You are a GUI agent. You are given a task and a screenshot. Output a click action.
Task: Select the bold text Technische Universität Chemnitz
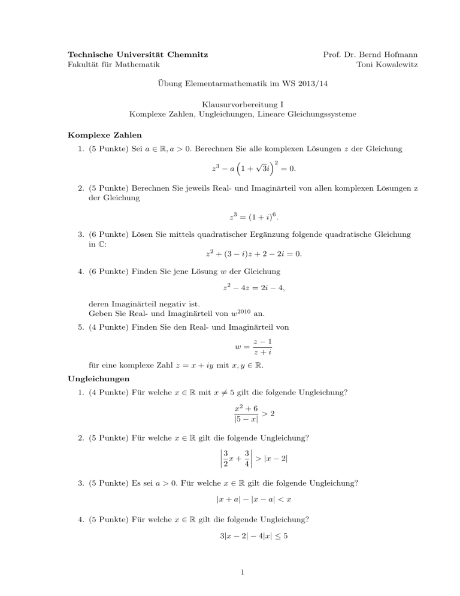tap(138, 55)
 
